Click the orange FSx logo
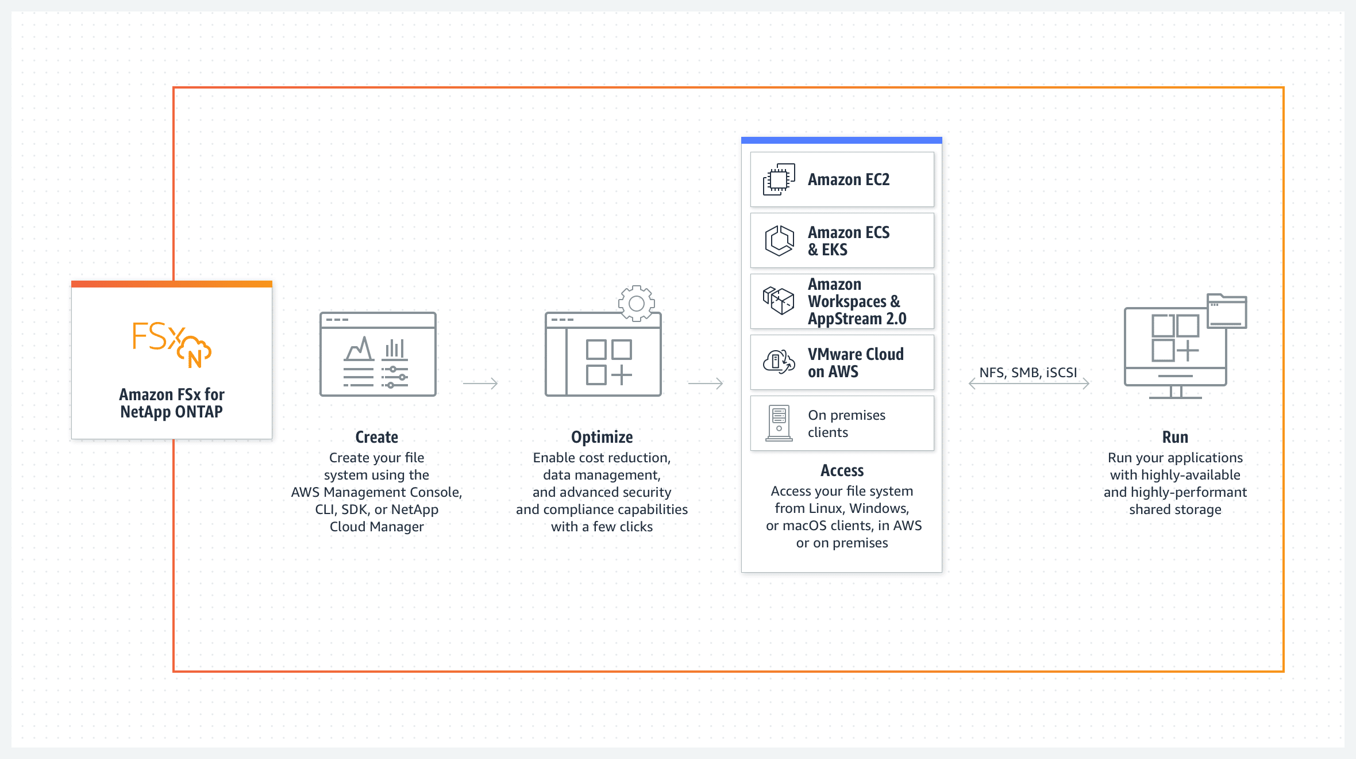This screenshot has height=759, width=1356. pyautogui.click(x=171, y=344)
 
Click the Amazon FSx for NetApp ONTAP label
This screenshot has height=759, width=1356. pyautogui.click(x=171, y=403)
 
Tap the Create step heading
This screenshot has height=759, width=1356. pyautogui.click(x=376, y=437)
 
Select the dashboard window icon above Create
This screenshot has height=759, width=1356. pyautogui.click(x=378, y=354)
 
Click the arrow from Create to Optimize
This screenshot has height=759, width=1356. pyautogui.click(x=480, y=383)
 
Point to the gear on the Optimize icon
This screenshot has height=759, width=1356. pyautogui.click(x=637, y=303)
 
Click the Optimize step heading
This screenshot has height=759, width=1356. pyautogui.click(x=602, y=437)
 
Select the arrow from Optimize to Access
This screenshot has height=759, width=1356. pyautogui.click(x=706, y=383)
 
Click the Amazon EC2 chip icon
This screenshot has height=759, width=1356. pyautogui.click(x=779, y=179)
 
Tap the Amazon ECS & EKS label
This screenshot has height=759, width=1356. pyautogui.click(x=849, y=241)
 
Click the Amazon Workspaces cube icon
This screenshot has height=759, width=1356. pyautogui.click(x=779, y=301)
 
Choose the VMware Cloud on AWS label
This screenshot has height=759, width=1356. pyautogui.click(x=856, y=363)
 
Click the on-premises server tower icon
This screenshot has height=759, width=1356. pyautogui.click(x=779, y=423)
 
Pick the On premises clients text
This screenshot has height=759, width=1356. pyautogui.click(x=846, y=424)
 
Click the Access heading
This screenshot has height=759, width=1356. pyautogui.click(x=842, y=470)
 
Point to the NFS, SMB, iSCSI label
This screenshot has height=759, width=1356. pyautogui.click(x=1028, y=373)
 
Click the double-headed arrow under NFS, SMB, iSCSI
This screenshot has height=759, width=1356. pyautogui.click(x=1029, y=384)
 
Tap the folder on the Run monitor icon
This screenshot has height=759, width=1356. pyautogui.click(x=1227, y=311)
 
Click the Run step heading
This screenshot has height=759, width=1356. pyautogui.click(x=1175, y=437)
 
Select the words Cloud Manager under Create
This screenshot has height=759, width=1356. pyautogui.click(x=376, y=527)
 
